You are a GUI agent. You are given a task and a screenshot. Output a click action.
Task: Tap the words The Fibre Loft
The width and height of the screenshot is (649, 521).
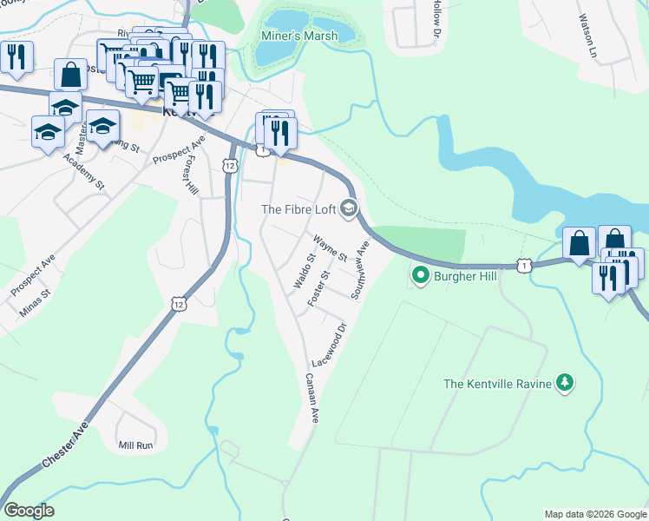[x=299, y=208]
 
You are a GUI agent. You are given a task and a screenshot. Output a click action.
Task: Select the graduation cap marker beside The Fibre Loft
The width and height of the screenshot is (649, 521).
[x=349, y=208]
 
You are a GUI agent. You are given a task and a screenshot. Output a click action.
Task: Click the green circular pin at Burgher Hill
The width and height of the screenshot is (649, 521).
[x=421, y=276]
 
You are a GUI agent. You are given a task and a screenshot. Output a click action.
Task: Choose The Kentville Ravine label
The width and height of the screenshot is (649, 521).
[x=496, y=383]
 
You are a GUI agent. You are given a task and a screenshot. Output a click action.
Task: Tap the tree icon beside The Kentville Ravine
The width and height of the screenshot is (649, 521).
[x=565, y=382]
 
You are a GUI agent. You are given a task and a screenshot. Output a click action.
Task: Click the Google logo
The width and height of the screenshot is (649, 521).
[x=29, y=511]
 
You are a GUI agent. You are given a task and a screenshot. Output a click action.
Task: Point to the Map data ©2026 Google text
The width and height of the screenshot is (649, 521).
[x=594, y=514]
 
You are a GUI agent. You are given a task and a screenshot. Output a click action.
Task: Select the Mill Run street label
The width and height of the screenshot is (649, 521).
[x=135, y=445]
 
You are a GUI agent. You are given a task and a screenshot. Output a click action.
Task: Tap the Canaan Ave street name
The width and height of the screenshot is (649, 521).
[x=312, y=398]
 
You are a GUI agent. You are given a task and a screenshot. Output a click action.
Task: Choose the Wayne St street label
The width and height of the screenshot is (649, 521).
[x=330, y=248]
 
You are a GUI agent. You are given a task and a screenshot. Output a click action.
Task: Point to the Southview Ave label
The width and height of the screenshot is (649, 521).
[x=360, y=271]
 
